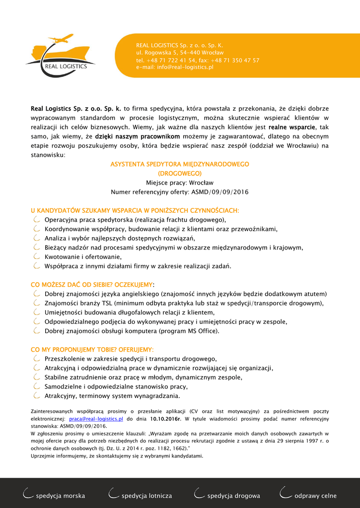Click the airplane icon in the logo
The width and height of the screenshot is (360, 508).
[61, 38]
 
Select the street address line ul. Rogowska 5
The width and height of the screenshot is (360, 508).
[180, 52]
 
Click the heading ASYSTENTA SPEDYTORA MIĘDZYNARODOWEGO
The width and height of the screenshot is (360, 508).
[180, 164]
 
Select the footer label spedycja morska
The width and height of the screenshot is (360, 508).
[60, 496]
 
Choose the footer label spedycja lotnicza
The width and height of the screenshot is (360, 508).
[146, 496]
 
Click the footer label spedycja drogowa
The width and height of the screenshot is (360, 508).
[233, 496]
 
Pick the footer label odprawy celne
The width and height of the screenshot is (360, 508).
[315, 496]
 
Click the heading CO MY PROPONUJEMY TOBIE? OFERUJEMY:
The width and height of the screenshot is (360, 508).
[92, 350]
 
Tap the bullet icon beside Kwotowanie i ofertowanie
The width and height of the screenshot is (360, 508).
[36, 256]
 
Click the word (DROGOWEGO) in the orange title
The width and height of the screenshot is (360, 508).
[180, 174]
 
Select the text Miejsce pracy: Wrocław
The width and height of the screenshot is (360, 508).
[180, 183]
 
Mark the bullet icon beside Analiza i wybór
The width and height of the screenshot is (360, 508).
[36, 238]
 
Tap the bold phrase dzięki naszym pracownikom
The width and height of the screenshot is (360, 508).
[138, 136]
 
